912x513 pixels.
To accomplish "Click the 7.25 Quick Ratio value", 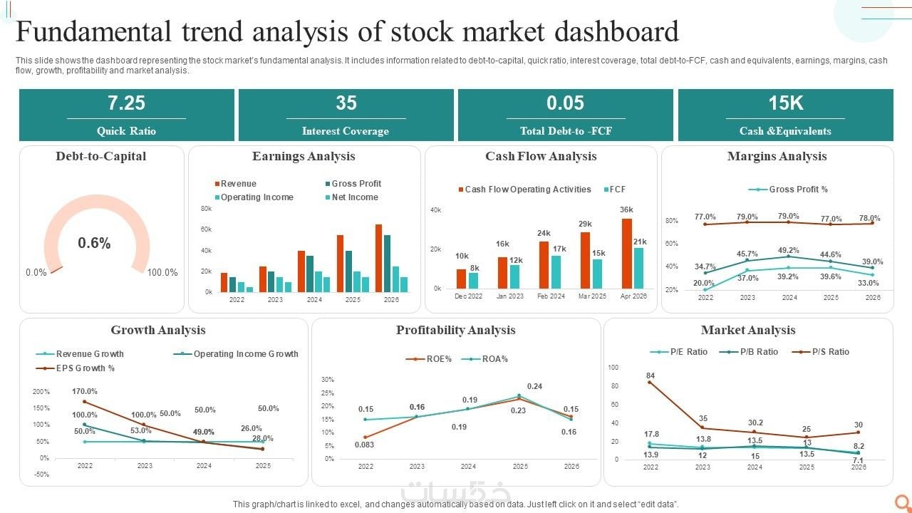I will click(126, 103).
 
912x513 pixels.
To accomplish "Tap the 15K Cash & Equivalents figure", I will click(785, 103).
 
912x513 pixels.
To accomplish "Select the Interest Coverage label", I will click(346, 131).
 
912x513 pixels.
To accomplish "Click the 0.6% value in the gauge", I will click(94, 244).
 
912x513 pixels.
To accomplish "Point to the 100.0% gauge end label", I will click(162, 272).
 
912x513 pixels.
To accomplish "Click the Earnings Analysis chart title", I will click(304, 157).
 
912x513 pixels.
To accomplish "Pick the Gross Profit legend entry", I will click(353, 184).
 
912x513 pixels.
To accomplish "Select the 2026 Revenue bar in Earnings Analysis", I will click(378, 258).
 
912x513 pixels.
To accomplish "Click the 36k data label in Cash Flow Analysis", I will click(626, 209).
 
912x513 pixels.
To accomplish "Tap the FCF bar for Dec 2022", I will click(474, 280).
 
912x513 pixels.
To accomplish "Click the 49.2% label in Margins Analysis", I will click(789, 250).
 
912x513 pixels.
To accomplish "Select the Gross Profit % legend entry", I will click(789, 190).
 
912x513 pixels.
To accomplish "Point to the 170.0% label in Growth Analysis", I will click(85, 391).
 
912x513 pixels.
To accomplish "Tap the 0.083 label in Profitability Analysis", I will click(365, 445).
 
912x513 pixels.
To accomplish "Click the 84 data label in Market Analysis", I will click(651, 375).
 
